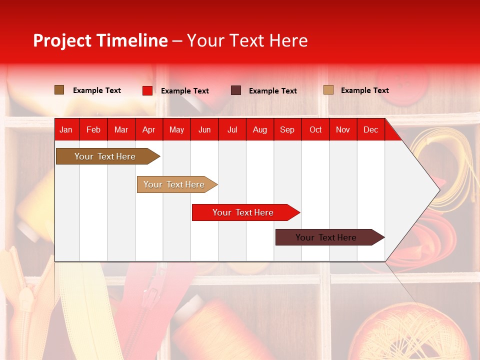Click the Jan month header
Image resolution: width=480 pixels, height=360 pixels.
[x=66, y=129]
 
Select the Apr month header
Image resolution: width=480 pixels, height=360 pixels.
[x=149, y=129]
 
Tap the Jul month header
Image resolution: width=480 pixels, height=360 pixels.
[x=232, y=129]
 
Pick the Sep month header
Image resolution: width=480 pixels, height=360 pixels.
[x=287, y=129]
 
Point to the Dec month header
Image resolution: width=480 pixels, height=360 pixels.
[x=370, y=129]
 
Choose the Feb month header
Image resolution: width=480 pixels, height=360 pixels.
[x=93, y=129]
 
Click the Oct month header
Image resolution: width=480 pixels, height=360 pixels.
[x=315, y=129]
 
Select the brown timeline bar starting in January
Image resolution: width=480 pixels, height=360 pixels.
[x=105, y=156]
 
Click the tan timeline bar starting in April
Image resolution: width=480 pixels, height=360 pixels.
[x=174, y=184]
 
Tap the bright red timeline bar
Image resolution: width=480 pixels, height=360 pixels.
[x=243, y=212]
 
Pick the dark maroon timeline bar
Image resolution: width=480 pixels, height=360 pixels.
[x=326, y=237]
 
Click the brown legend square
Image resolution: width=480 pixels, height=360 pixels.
[x=59, y=90]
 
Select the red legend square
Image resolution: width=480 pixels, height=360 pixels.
[x=147, y=90]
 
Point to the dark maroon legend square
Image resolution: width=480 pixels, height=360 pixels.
[x=236, y=90]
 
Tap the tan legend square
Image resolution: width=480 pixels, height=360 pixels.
[x=328, y=90]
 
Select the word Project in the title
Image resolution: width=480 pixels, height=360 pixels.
[x=62, y=40]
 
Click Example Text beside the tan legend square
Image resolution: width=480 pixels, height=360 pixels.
[x=364, y=90]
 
